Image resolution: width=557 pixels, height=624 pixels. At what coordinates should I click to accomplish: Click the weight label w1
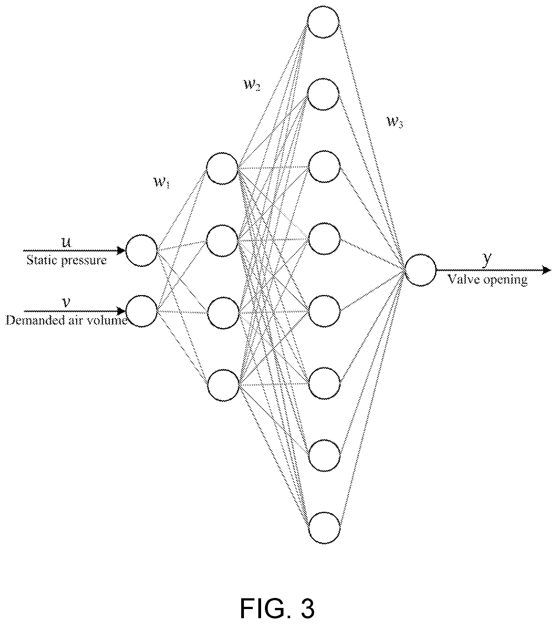162,183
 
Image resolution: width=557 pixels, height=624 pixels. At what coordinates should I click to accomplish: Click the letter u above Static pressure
67,242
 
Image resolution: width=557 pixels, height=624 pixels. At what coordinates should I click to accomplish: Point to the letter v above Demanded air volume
66,303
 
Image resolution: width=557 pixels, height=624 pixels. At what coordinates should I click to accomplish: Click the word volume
112,320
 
